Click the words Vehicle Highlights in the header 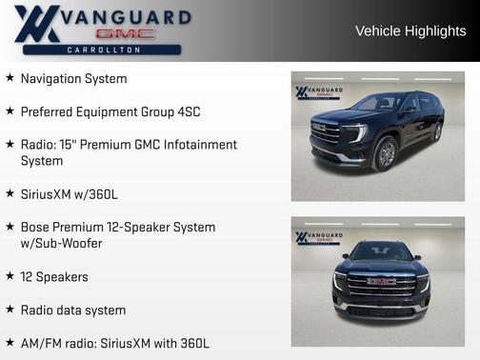pos(410,30)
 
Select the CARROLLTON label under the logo pos(104,49)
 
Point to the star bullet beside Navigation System pos(10,78)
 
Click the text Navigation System pos(73,78)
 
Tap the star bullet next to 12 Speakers pos(10,276)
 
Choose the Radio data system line pos(72,310)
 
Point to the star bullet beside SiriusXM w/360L pos(10,194)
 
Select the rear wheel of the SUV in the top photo pos(436,133)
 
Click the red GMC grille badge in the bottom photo pos(381,281)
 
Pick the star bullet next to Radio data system pos(10,310)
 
